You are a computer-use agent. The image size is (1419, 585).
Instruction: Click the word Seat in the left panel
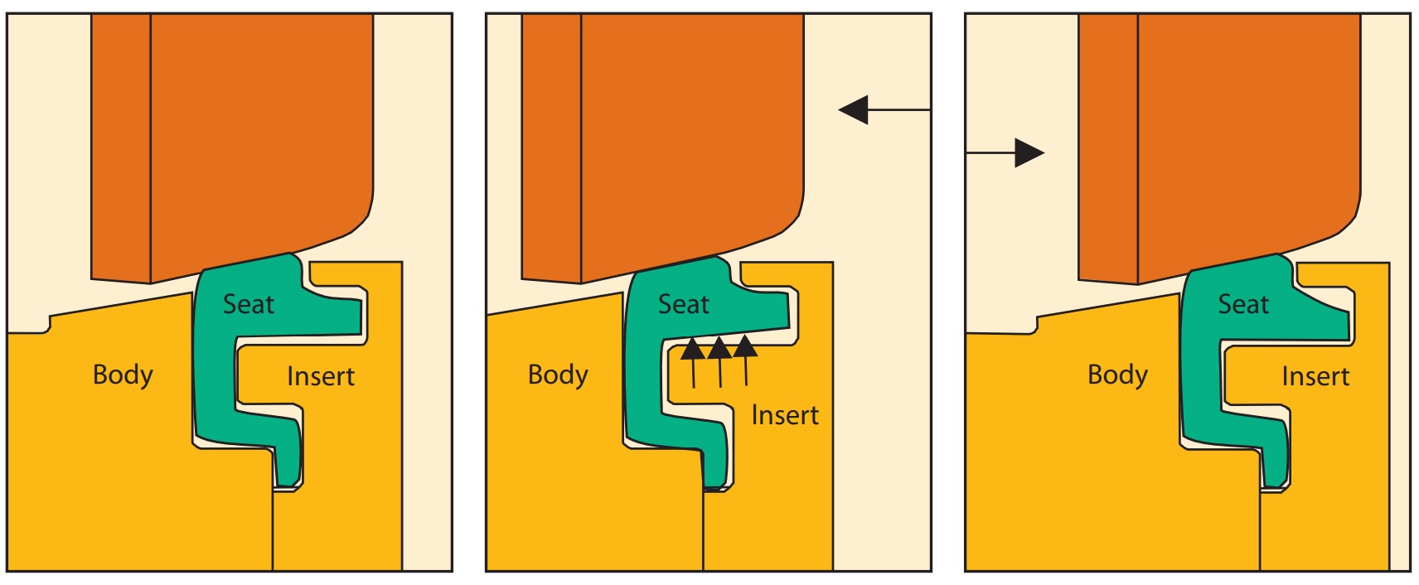click(x=248, y=304)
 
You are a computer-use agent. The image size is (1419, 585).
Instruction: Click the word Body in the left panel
click(x=123, y=375)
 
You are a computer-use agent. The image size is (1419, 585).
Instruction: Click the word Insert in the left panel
click(x=321, y=376)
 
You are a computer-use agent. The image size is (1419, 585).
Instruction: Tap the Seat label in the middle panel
click(x=683, y=304)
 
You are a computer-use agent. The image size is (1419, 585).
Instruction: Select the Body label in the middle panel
click(x=558, y=375)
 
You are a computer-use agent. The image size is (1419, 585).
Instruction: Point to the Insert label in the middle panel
click(x=784, y=414)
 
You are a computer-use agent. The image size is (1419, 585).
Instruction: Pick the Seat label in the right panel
click(x=1242, y=304)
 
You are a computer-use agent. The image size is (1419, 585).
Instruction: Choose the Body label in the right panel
click(x=1117, y=375)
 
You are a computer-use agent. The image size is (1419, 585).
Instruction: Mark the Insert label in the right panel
click(x=1315, y=376)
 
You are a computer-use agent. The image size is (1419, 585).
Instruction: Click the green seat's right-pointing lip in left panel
click(x=340, y=316)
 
